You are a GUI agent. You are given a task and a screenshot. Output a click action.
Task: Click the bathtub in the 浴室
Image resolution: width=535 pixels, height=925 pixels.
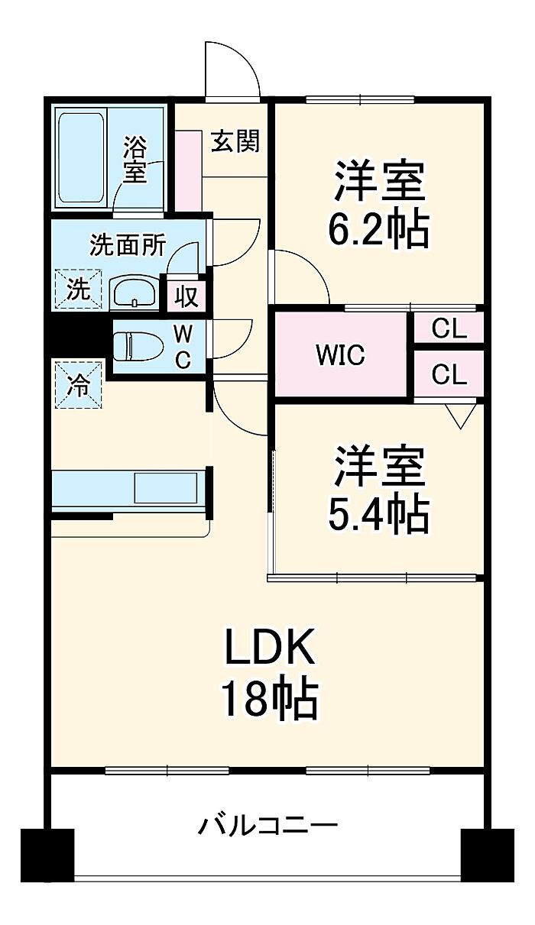pyautogui.click(x=80, y=159)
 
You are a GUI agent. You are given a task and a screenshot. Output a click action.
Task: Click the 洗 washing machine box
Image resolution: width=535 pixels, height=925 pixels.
pyautogui.click(x=76, y=289)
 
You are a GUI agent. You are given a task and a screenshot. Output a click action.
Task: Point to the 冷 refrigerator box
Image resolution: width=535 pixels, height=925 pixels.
pyautogui.click(x=76, y=384)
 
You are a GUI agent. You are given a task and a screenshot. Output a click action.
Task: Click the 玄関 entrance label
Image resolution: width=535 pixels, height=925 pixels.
pyautogui.click(x=235, y=141)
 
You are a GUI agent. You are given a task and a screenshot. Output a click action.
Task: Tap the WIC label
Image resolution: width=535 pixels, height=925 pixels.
pyautogui.click(x=341, y=354)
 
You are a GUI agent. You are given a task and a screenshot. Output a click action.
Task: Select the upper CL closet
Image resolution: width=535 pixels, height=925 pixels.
pyautogui.click(x=449, y=328)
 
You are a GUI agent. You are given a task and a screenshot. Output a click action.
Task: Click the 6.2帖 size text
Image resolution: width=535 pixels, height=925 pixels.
pyautogui.click(x=378, y=227)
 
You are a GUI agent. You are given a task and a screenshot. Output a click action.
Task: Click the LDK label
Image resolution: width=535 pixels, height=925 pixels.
pyautogui.click(x=269, y=651)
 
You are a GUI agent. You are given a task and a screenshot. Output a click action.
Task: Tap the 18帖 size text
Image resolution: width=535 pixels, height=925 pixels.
pyautogui.click(x=269, y=698)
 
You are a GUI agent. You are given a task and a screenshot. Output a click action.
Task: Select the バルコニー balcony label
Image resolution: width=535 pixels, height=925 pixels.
pyautogui.click(x=268, y=826)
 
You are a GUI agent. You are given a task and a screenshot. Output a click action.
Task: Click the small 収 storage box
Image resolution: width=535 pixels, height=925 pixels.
pyautogui.click(x=186, y=295)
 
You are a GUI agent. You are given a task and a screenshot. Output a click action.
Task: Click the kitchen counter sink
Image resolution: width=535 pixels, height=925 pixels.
pyautogui.click(x=166, y=487)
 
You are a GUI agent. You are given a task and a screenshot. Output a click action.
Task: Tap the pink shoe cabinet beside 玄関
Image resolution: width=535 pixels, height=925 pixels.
pyautogui.click(x=187, y=170)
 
